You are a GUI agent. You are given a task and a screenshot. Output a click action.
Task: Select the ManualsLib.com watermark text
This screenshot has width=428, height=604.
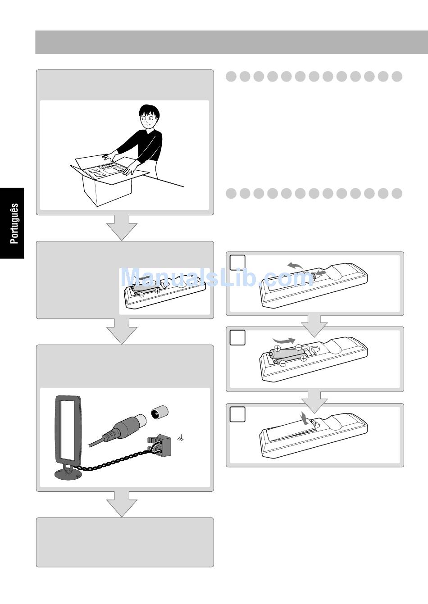coord(217,277)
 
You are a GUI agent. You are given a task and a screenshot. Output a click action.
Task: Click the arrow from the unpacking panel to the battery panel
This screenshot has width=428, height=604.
coord(123,227)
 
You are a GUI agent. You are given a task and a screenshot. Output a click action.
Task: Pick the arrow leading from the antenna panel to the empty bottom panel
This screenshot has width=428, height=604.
coord(123,504)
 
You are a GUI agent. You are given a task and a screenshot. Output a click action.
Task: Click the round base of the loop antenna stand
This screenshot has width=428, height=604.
coord(68,474)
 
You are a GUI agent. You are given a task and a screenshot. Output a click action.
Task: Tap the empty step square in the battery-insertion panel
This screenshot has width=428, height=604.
coord(237,337)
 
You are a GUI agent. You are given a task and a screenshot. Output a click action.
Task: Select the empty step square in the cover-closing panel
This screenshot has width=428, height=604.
coord(237,414)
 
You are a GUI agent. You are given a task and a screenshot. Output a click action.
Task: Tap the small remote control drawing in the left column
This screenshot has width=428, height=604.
coord(164,293)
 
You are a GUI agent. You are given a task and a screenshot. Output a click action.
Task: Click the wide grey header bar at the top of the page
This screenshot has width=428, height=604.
coord(232,42)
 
